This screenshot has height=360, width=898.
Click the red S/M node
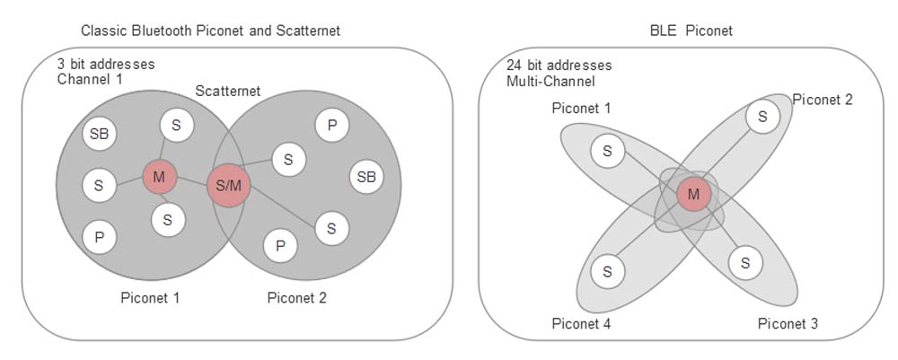pos(228,186)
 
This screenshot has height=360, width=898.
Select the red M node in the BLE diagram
pos(693,193)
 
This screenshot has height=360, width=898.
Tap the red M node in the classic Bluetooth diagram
pos(159,177)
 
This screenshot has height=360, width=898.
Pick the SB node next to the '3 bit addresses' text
pos(99,135)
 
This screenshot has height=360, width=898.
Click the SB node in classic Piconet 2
pos(366,176)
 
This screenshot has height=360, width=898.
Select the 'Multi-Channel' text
pos(550,82)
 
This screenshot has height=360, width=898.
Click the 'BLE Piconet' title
pos(691,31)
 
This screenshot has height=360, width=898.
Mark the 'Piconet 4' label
pos(581,323)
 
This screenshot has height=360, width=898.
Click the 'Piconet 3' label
pos(788,323)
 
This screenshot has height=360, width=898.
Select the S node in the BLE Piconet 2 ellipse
pos(762,116)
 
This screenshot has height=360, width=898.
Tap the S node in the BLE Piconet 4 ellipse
pos(608,270)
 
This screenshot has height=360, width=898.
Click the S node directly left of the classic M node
pos(98,187)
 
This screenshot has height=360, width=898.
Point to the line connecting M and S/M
pos(191,181)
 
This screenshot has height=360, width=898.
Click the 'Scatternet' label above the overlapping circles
pos(228,92)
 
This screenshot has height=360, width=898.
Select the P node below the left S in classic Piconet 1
pos(98,238)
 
